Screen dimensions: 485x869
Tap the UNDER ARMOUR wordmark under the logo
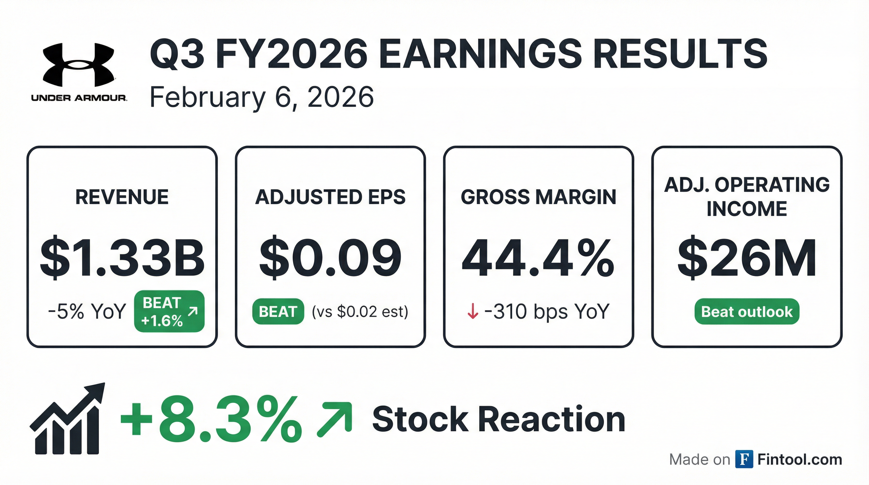[79, 98]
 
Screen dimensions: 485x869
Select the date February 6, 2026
[261, 97]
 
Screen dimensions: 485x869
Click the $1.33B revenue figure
[122, 258]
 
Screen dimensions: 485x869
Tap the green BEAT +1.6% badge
[169, 311]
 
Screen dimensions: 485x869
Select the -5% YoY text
[87, 311]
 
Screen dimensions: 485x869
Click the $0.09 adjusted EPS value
[330, 258]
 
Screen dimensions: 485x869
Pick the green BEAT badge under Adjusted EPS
[278, 311]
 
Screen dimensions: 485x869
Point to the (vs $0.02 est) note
[360, 311]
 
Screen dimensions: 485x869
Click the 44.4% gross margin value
[538, 258]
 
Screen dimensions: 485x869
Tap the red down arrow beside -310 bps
[472, 311]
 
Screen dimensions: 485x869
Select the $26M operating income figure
[747, 258]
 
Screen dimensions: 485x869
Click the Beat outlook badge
[746, 312]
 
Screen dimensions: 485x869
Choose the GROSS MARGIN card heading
[538, 197]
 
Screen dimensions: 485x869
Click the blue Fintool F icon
[744, 459]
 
